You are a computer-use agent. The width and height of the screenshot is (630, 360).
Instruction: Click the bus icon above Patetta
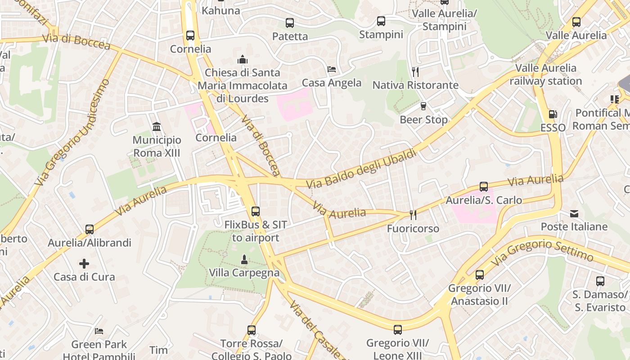coord(290,23)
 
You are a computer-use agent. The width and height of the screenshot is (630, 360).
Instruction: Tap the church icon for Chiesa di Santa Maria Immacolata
coord(243,59)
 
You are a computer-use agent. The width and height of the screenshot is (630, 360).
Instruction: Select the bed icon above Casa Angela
coord(332,69)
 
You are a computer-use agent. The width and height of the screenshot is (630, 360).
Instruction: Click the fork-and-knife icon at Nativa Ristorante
coord(415,72)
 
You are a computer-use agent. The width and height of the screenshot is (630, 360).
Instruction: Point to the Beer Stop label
coord(423,120)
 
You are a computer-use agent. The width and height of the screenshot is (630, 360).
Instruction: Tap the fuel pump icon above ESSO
coord(553,115)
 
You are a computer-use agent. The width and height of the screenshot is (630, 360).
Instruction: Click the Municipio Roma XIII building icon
coord(157,126)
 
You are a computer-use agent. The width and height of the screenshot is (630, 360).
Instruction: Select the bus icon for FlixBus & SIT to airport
coord(256,211)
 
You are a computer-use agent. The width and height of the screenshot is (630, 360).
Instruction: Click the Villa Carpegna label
coord(244,273)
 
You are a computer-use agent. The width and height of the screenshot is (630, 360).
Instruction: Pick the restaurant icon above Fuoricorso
coord(413,215)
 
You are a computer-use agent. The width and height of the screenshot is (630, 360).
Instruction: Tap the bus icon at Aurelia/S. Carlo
coord(484,187)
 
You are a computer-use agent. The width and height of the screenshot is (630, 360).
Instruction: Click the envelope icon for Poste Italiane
coord(574,213)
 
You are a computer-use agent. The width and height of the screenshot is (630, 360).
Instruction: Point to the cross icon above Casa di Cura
coord(84,263)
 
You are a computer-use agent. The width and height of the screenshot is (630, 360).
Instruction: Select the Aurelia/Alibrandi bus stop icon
coord(90,229)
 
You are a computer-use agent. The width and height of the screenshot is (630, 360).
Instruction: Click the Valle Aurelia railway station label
coord(545,75)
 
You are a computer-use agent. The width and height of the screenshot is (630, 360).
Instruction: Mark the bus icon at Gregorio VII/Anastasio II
coord(480,274)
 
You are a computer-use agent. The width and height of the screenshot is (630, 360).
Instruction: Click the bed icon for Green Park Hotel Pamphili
coord(99,331)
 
